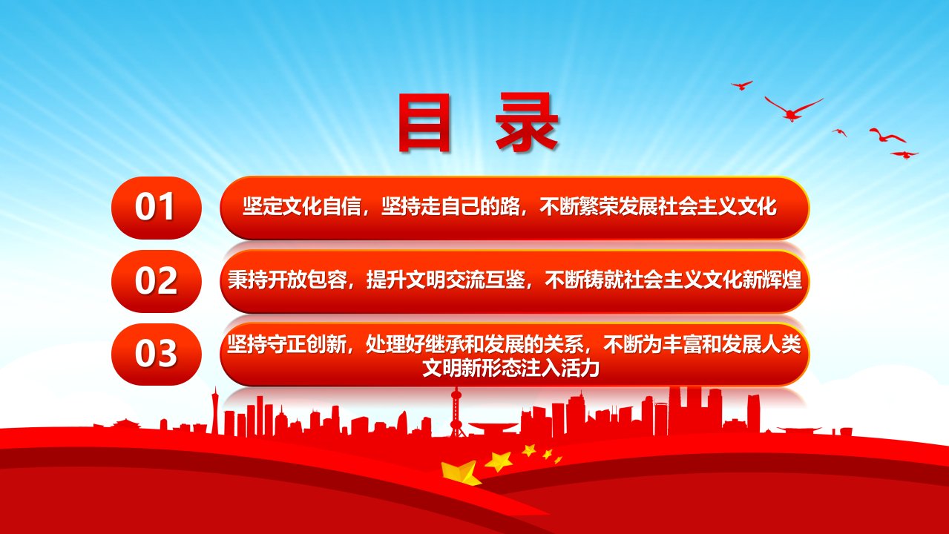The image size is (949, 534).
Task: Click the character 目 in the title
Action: [x=424, y=122]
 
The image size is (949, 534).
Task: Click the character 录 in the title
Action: [x=527, y=122]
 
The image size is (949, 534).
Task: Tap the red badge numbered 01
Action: [x=157, y=208]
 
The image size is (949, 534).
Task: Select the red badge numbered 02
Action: [x=157, y=281]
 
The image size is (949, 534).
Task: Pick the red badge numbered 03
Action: [x=157, y=355]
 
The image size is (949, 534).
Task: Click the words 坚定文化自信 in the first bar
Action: [x=302, y=207]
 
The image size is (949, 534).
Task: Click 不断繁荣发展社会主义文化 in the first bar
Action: [x=658, y=207]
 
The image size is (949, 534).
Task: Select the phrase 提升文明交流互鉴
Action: [x=446, y=280]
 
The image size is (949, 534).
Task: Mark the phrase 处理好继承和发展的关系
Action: [x=475, y=344]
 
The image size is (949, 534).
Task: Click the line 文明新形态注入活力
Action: [x=511, y=369]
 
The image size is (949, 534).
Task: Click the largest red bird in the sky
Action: [x=793, y=109]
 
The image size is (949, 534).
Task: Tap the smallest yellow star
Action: [x=558, y=460]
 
